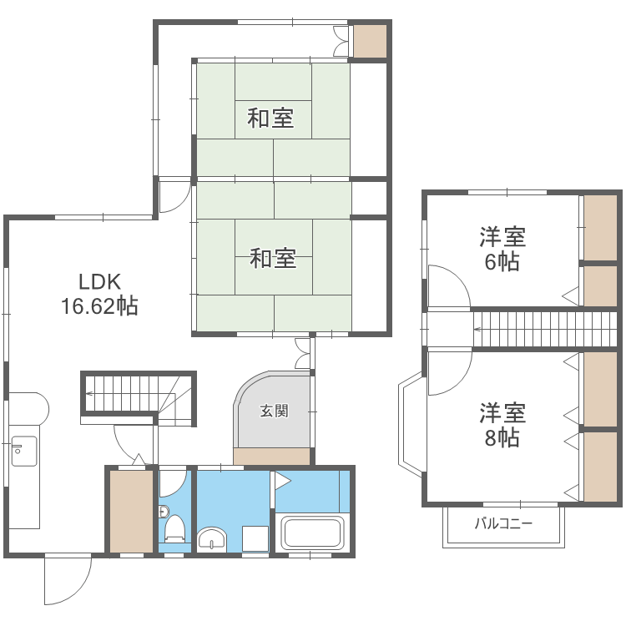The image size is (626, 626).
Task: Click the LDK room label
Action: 100,281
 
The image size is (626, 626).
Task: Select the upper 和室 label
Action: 270,119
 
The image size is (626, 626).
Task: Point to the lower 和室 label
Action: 273,260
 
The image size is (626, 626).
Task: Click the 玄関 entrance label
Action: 274,411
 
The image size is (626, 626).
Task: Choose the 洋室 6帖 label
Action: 502,249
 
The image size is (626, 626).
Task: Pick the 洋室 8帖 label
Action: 502,424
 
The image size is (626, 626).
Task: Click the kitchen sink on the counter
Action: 23,452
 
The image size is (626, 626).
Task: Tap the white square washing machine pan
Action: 255,539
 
